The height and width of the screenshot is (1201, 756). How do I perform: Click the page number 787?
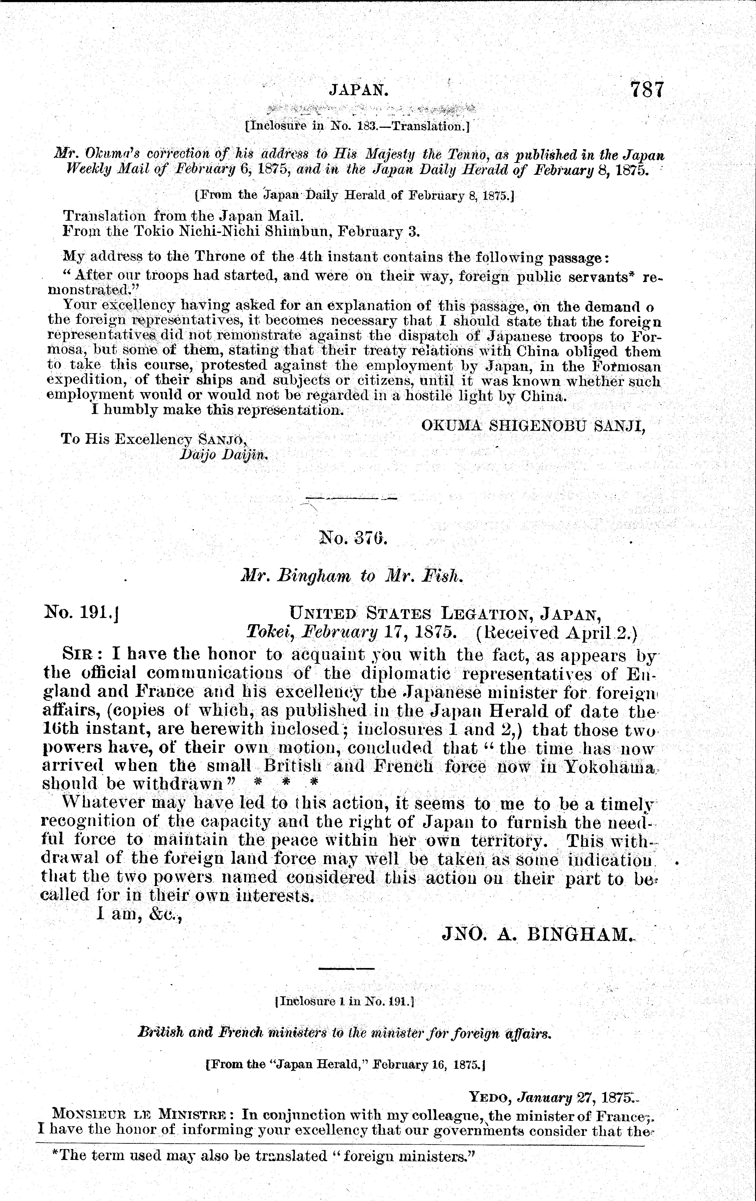[x=647, y=90]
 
